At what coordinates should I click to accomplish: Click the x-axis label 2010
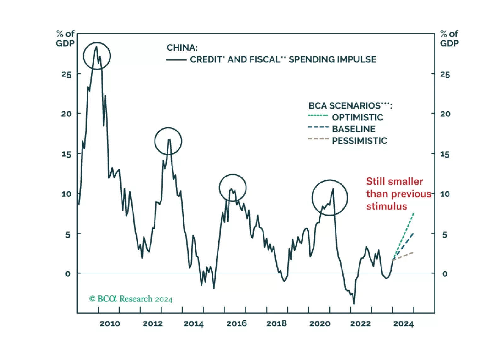tap(110, 323)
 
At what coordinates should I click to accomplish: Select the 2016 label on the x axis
tap(236, 323)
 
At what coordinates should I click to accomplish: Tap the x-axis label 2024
tap(403, 323)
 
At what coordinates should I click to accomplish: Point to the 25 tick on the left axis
tap(66, 75)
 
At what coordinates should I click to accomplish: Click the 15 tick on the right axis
tap(445, 154)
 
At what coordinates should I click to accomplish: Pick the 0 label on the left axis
tap(68, 274)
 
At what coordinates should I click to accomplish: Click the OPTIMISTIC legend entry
tap(357, 117)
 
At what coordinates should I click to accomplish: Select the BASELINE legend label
tap(353, 129)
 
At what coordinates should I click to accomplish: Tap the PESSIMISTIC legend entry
tap(359, 141)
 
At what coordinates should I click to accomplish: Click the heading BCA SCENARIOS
tap(349, 105)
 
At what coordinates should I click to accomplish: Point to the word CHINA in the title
tap(182, 48)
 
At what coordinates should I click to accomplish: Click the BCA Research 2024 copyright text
tap(131, 299)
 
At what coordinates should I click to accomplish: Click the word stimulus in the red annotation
tap(386, 206)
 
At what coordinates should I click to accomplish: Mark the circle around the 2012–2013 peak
tap(168, 141)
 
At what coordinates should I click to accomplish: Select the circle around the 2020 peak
tap(330, 198)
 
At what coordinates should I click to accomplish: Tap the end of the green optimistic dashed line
tap(414, 214)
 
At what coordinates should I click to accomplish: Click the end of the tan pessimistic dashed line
tap(413, 252)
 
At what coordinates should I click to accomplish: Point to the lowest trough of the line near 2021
tap(354, 304)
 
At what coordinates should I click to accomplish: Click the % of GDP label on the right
tap(449, 38)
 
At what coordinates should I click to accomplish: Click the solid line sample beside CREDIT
tap(176, 60)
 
